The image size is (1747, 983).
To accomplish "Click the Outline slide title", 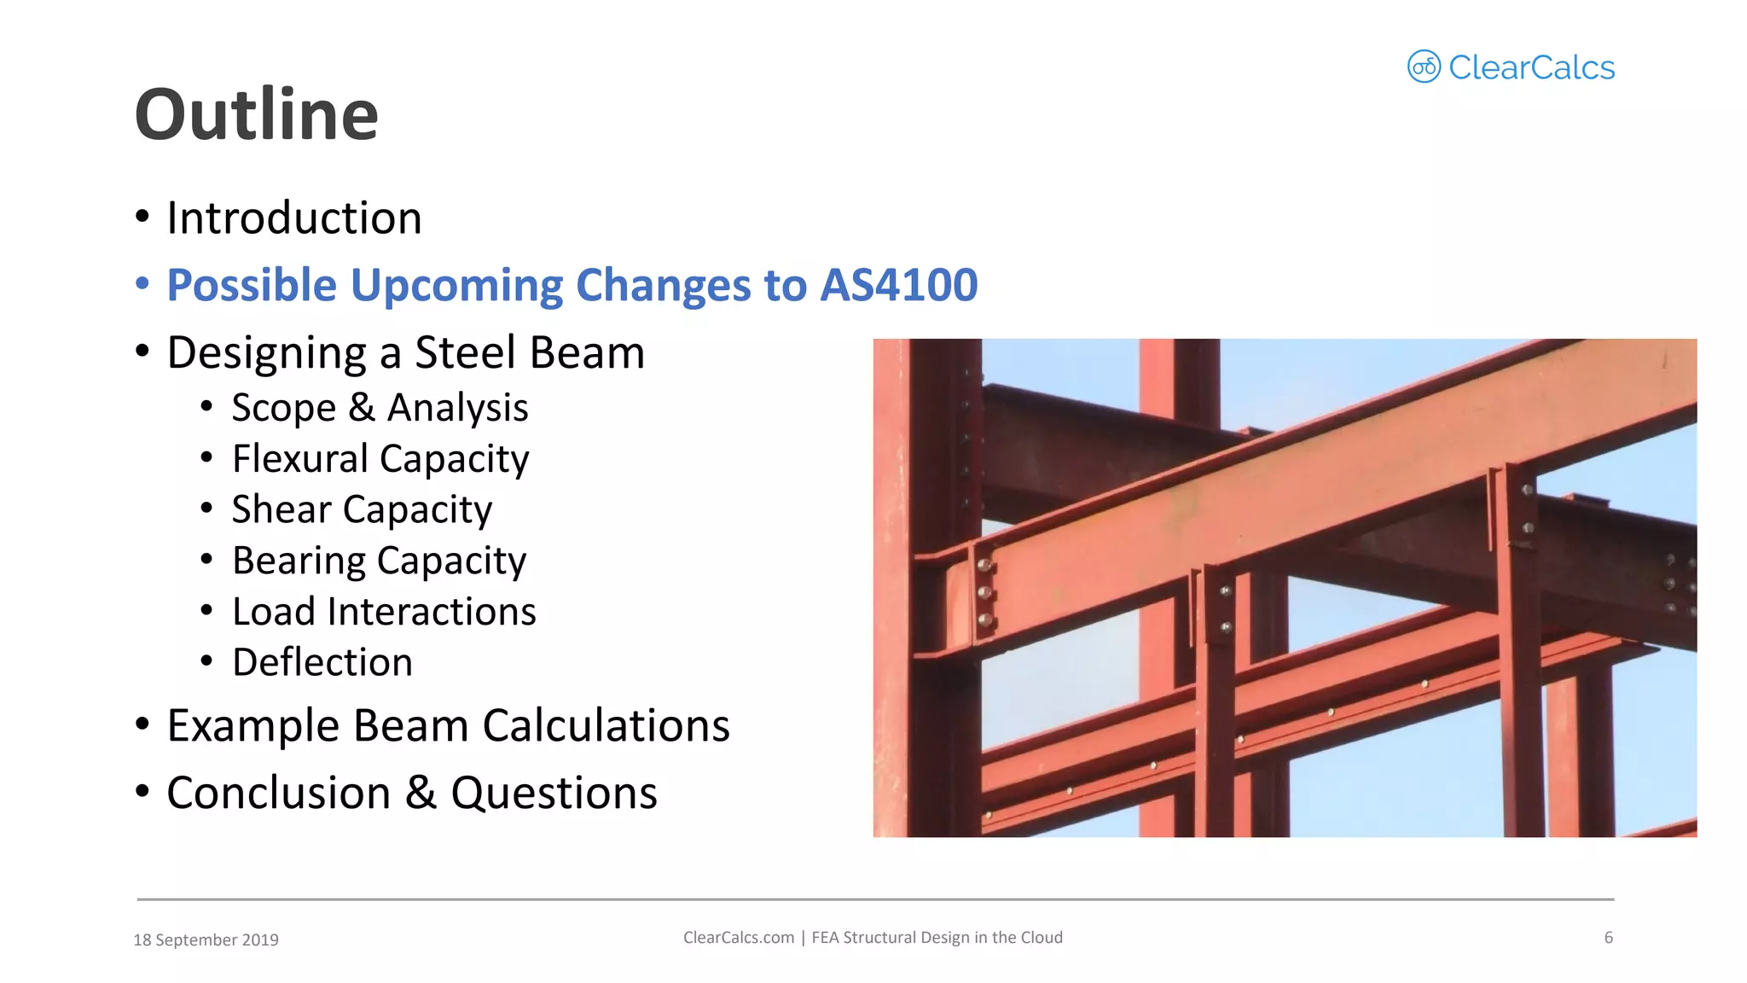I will coord(256,115).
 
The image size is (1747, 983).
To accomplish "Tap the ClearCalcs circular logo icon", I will coord(1423,67).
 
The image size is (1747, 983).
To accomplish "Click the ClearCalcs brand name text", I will coord(1531,68).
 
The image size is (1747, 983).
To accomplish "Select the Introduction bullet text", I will coord(294,218).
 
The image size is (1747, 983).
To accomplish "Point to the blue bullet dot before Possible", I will coord(142,283).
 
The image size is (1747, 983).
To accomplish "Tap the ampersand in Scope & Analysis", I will coord(362,408).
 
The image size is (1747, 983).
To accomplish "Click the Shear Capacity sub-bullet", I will coord(362,510).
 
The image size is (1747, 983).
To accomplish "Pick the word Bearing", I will coord(299,561).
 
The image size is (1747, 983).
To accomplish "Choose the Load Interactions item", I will coord(384,612).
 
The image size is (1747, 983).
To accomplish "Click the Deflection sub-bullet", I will coord(322,663).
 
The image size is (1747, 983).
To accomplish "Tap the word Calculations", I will coord(606,726).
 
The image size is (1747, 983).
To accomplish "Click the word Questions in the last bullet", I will coord(554,794).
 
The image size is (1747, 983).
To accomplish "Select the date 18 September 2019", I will coord(206,939).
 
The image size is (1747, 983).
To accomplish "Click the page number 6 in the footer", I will coord(1608,938).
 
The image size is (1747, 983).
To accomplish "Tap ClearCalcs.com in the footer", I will coord(738,938).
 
